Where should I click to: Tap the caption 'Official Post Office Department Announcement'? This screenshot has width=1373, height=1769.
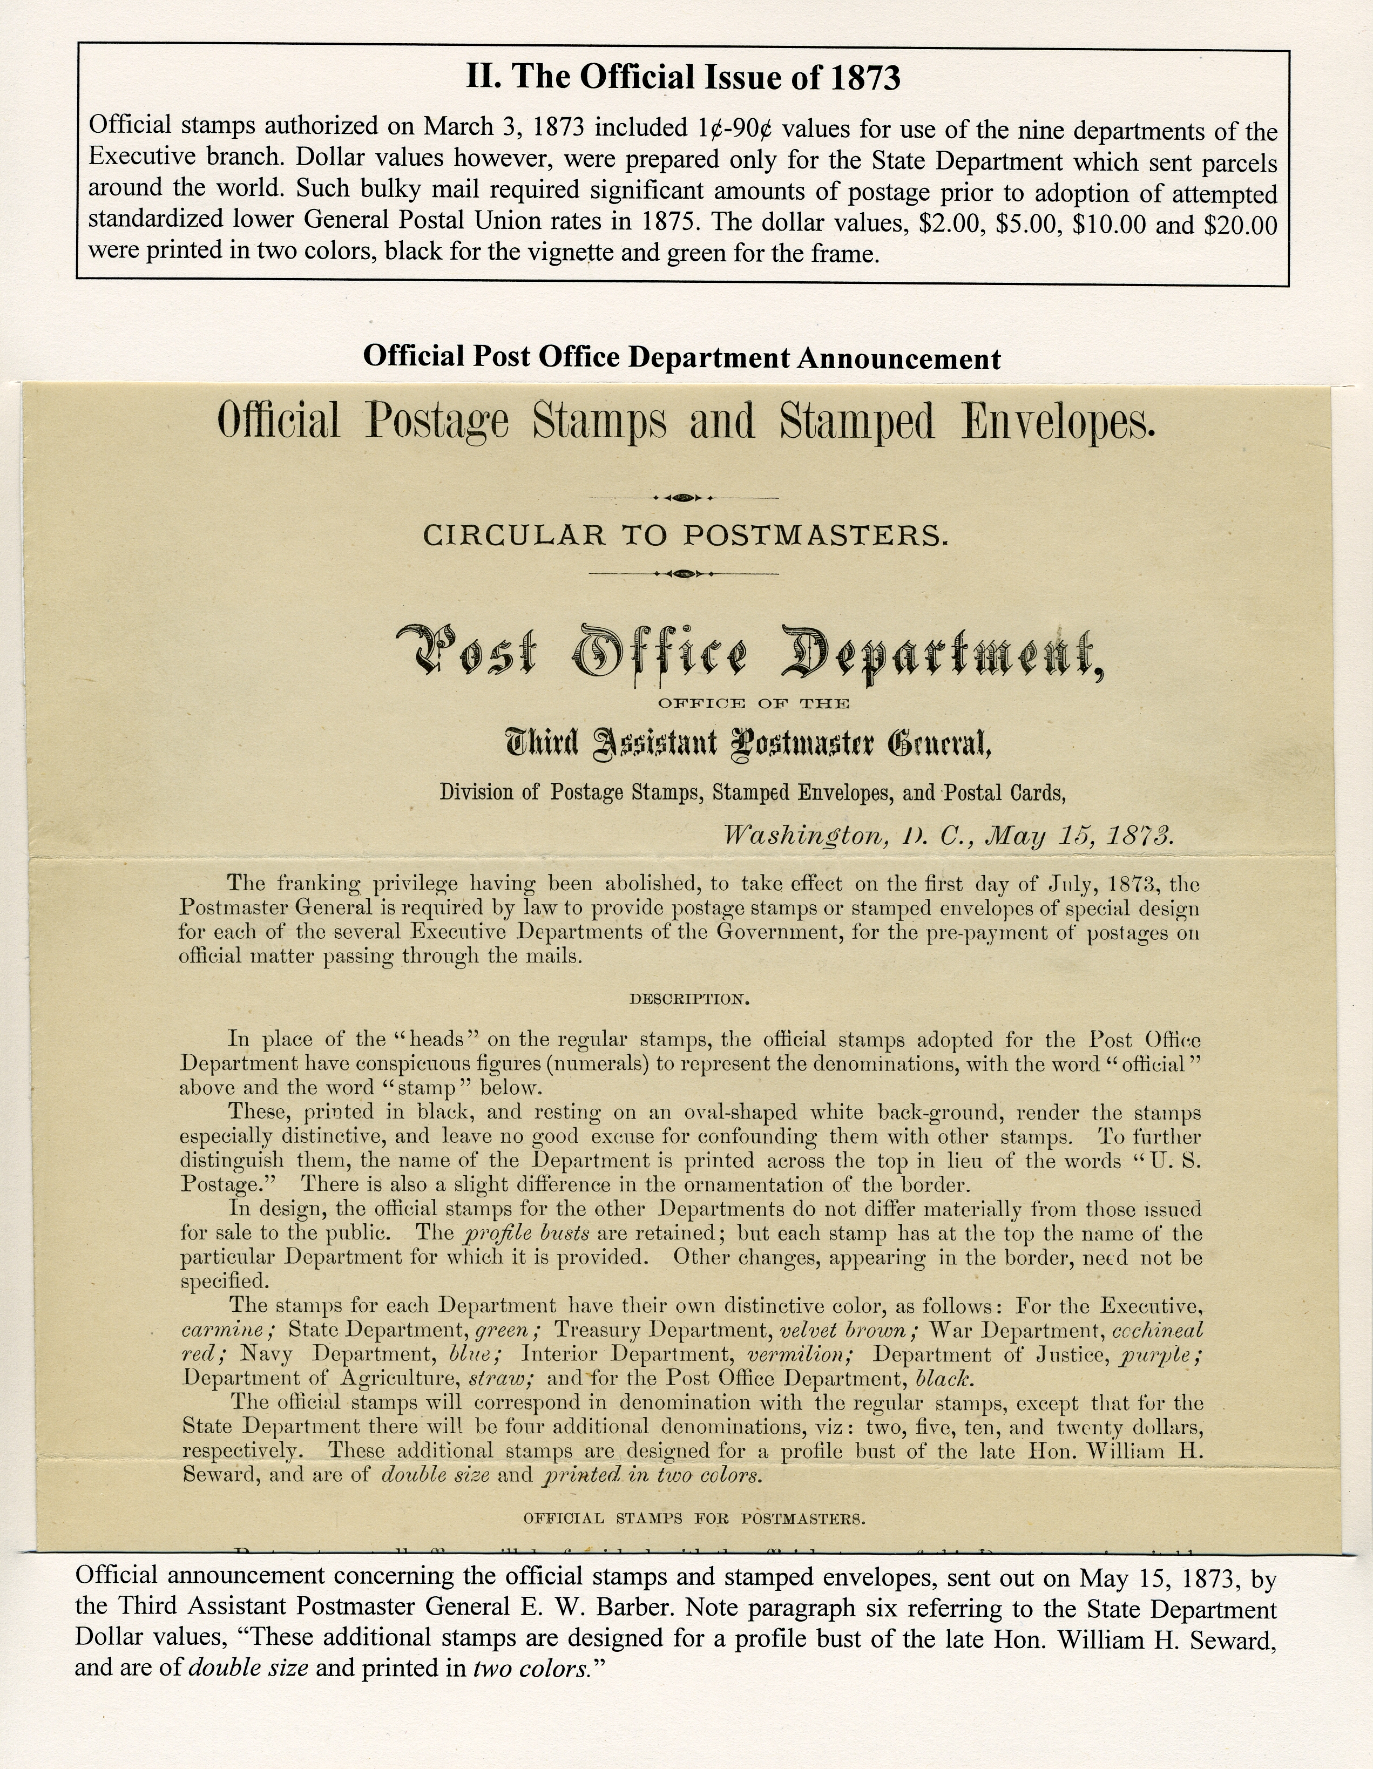pos(681,357)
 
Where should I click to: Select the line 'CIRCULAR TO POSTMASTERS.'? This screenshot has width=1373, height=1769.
pos(685,536)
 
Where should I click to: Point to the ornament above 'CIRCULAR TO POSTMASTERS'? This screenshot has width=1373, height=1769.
pos(685,497)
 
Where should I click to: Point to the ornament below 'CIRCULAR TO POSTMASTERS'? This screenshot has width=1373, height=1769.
pos(685,574)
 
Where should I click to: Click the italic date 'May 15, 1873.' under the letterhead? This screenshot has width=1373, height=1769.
pos(1077,836)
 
